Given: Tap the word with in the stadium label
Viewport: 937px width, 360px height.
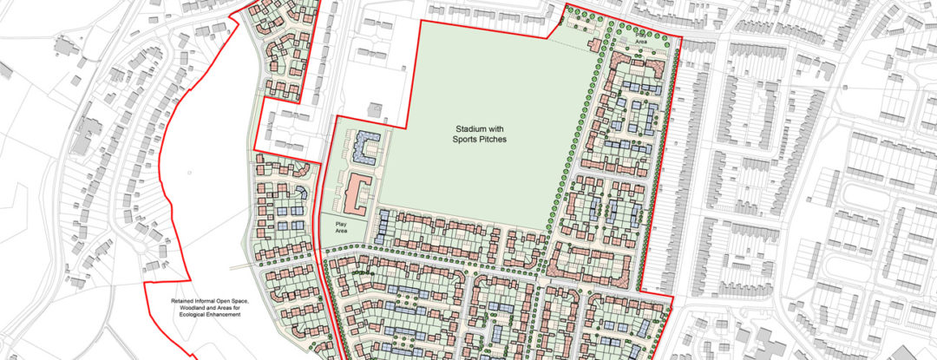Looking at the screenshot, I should coord(499,128).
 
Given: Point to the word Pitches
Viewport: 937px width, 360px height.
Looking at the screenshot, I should coord(492,139).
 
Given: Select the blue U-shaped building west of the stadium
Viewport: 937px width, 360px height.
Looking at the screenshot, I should coord(367,146).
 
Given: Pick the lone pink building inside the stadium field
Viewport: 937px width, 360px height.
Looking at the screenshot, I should coord(593,44).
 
